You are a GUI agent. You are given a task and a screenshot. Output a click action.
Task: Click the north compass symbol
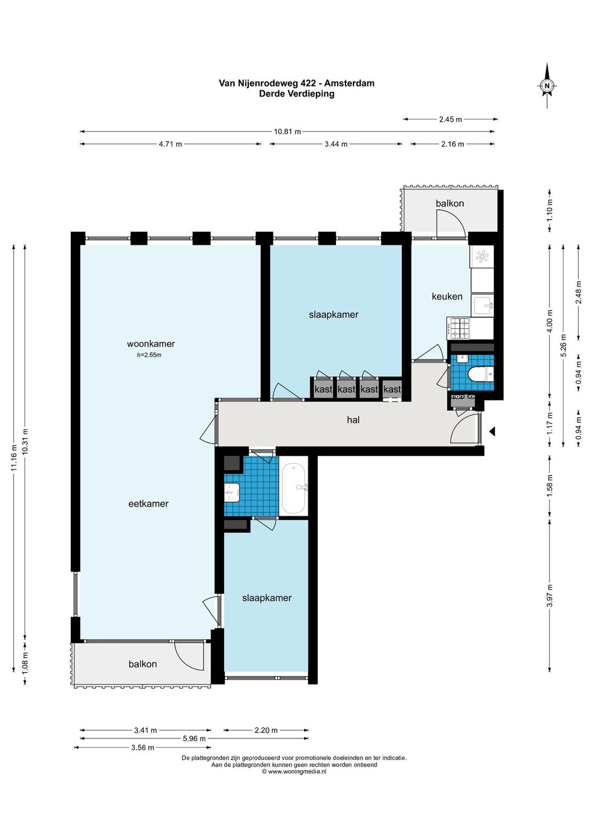(547, 85)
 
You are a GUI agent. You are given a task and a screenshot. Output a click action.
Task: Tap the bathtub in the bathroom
(293, 488)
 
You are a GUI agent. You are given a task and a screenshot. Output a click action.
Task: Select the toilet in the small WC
(481, 375)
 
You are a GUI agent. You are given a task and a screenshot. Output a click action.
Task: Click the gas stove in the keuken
(458, 328)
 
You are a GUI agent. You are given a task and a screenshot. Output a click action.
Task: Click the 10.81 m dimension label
(287, 131)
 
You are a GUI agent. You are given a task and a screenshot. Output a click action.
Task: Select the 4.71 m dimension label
(170, 144)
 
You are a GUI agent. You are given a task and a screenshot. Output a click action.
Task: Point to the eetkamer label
(149, 504)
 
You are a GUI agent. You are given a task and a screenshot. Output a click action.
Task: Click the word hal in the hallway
(353, 420)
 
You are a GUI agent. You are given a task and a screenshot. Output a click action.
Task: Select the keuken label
(447, 297)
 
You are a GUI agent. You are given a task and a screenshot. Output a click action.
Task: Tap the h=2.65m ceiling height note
(149, 355)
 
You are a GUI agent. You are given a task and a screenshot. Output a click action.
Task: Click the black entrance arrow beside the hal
(492, 432)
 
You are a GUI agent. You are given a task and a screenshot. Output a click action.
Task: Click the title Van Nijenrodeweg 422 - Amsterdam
(297, 83)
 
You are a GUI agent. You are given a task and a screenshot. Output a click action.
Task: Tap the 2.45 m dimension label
(451, 119)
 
